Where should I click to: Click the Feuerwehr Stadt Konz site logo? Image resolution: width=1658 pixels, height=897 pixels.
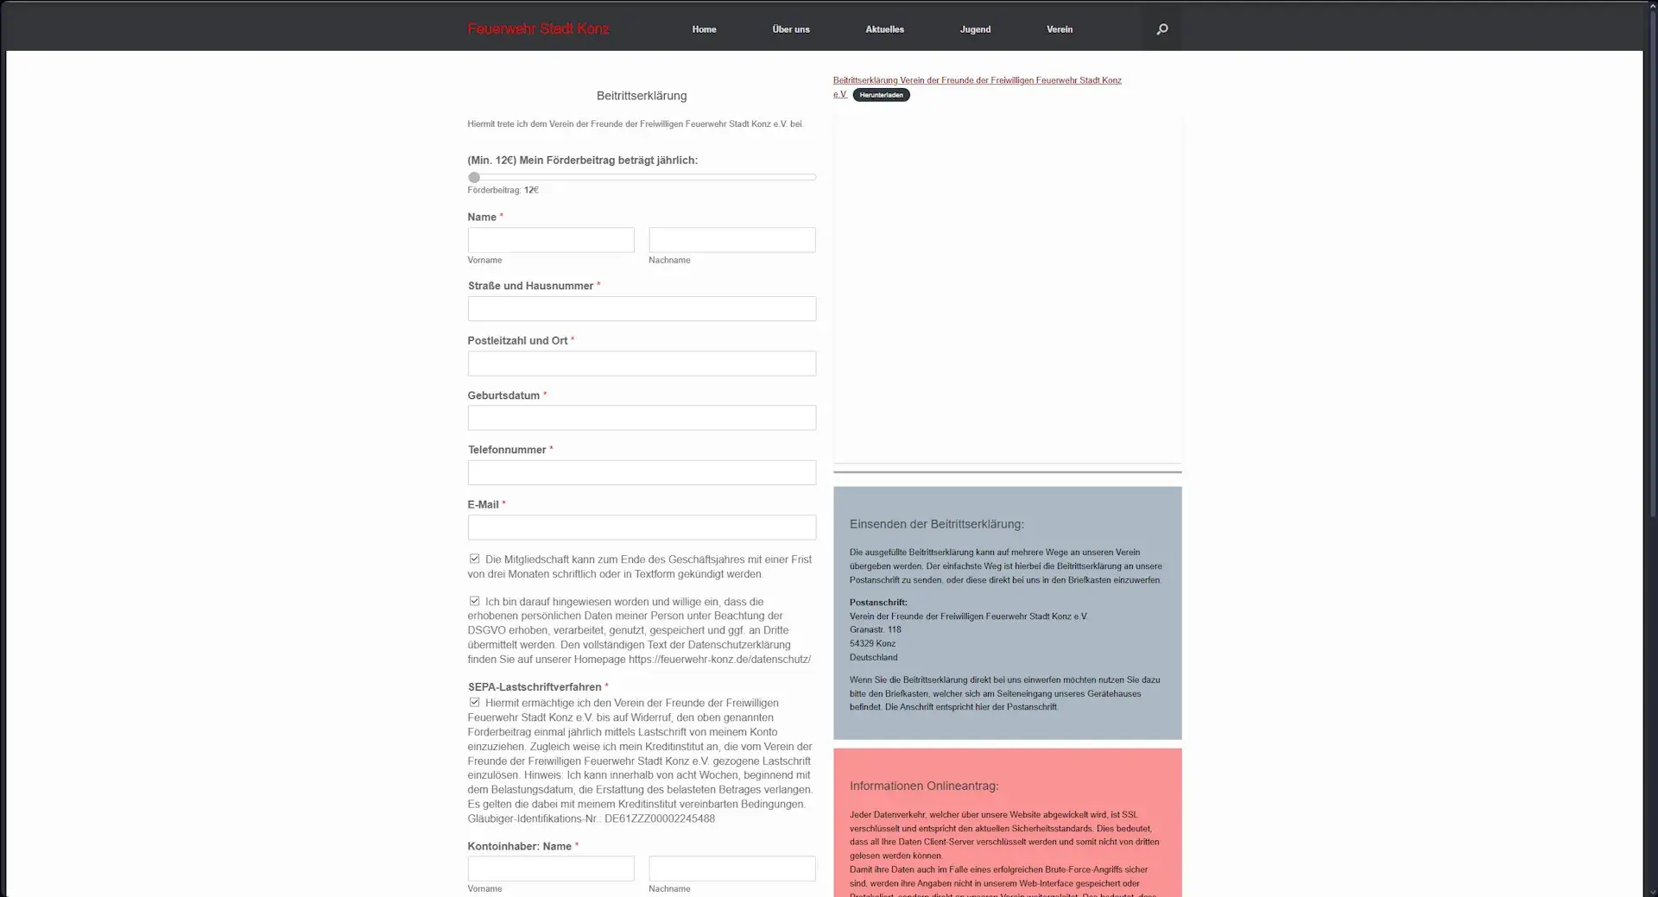click(538, 29)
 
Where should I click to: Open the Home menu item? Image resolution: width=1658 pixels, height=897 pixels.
click(704, 29)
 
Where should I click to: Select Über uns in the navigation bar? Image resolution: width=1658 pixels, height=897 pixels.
click(790, 29)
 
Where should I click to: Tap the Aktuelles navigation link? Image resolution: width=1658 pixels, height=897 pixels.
click(884, 29)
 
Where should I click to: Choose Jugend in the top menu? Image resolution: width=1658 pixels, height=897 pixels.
click(975, 29)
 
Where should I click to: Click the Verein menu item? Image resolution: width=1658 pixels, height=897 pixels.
click(1059, 29)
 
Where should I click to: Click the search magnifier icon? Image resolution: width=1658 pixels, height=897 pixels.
click(1161, 29)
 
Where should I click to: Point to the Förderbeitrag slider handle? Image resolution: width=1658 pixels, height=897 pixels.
click(474, 178)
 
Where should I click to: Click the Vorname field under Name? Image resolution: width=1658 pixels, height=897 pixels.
click(551, 240)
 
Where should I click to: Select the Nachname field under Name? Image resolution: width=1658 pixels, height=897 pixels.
click(731, 240)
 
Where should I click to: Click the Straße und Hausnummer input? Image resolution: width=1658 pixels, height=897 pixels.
click(642, 309)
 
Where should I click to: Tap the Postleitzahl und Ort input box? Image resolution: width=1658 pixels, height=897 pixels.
click(642, 363)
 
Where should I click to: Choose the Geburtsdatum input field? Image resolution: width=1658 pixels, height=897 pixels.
click(642, 418)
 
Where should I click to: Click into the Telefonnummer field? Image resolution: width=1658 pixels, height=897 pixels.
click(642, 472)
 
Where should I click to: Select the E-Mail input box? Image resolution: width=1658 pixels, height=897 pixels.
click(642, 527)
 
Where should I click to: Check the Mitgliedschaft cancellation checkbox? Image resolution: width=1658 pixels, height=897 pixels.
click(474, 559)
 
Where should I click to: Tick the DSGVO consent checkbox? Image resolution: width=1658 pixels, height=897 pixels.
click(474, 602)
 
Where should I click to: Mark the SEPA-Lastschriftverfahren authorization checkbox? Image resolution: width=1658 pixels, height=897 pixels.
click(474, 703)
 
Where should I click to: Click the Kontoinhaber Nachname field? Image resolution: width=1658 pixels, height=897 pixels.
click(731, 869)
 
